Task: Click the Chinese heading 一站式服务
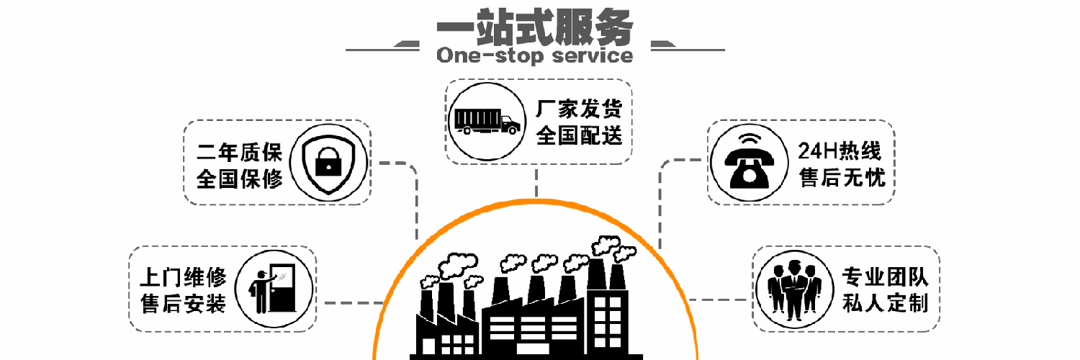535,27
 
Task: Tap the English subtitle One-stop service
535,55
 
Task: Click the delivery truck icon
486,121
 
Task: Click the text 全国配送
578,135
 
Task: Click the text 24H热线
840,151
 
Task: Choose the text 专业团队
884,277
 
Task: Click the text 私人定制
884,303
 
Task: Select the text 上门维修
183,277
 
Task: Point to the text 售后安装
183,303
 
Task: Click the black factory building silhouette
526,317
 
